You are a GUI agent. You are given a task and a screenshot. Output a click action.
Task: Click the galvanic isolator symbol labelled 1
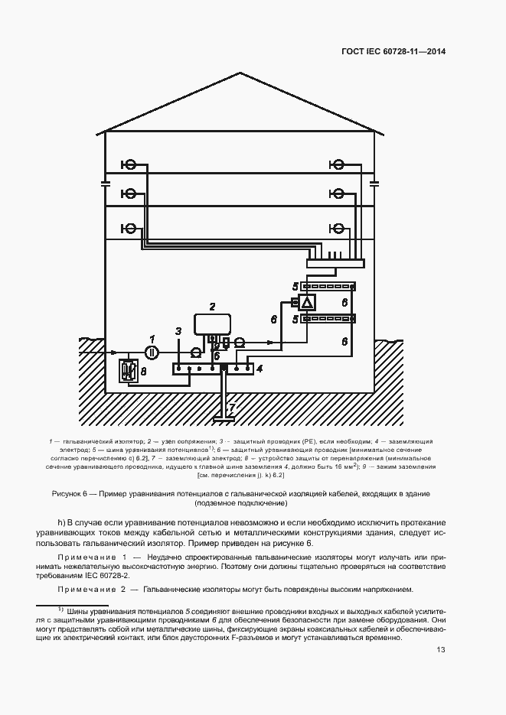tap(152, 352)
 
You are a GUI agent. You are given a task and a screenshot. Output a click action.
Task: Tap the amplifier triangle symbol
tap(307, 304)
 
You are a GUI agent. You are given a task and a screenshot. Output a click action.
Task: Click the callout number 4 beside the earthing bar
tap(260, 369)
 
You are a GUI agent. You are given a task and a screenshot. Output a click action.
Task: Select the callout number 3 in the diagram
tap(178, 331)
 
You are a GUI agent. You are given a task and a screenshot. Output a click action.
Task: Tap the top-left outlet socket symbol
tap(130, 164)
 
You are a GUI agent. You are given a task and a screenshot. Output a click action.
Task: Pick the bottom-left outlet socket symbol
tap(130, 228)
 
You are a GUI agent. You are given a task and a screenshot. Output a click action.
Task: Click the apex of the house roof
tap(242, 74)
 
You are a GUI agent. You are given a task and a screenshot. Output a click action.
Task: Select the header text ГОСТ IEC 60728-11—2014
tap(393, 52)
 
